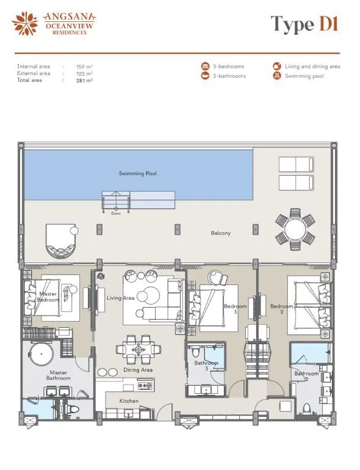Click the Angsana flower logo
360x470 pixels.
coord(25,23)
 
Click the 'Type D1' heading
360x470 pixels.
coord(304,24)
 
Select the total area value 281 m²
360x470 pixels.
coord(84,81)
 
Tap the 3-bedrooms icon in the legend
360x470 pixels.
coord(205,67)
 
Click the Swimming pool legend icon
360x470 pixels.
coord(276,76)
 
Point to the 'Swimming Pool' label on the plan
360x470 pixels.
coord(137,173)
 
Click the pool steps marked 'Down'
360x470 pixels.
coord(116,201)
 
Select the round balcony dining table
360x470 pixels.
coord(295,230)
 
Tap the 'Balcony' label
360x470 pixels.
coord(221,233)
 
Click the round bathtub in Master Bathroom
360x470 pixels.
coord(41,353)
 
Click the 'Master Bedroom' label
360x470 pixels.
coord(48,297)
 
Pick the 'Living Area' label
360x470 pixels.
coord(120,298)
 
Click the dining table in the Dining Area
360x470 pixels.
coord(139,350)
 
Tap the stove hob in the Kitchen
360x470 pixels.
coord(145,385)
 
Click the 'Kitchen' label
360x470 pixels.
coord(129,401)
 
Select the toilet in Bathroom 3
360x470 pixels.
coord(196,352)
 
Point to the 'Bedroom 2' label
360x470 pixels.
coord(281,309)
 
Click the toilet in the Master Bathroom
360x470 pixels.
coord(73,409)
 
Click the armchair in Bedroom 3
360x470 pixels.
coord(218,277)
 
